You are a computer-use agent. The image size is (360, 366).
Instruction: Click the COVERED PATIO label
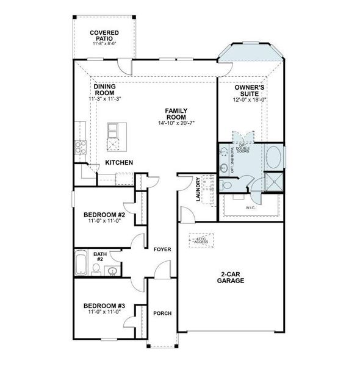coord(104,35)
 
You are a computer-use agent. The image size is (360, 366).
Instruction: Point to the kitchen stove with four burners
coord(79,147)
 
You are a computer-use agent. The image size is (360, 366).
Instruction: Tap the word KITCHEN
coord(120,163)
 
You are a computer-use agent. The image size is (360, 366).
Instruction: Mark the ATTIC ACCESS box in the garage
coord(200,240)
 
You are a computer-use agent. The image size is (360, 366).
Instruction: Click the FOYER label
coord(162,249)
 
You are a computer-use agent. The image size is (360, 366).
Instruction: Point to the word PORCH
coord(162,314)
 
